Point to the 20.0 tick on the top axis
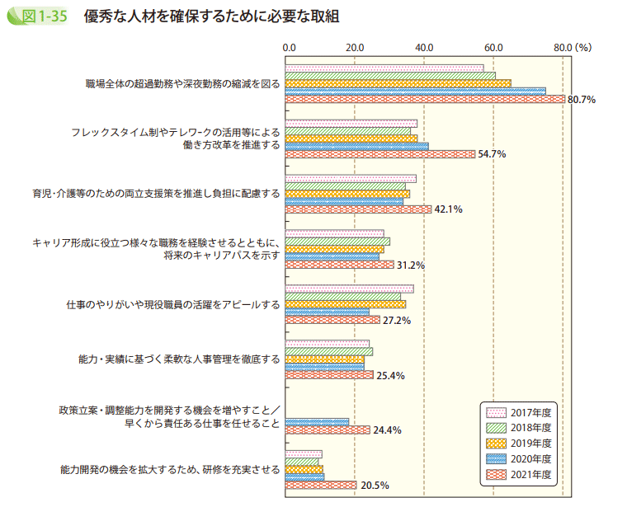coord(356,48)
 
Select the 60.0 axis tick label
coord(494,48)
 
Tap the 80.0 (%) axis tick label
coord(573,48)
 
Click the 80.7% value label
coord(582,99)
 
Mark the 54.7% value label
coord(492,154)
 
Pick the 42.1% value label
coord(448,209)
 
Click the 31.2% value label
coord(410,265)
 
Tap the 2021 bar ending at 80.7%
coord(425,99)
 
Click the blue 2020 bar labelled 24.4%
coord(317,421)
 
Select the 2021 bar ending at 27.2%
coord(332,320)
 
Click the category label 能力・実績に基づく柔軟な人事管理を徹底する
coord(178,359)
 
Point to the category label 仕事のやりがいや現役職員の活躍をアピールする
coord(172,304)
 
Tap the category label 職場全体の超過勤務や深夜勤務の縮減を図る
coord(182,84)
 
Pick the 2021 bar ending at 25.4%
coord(329,375)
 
